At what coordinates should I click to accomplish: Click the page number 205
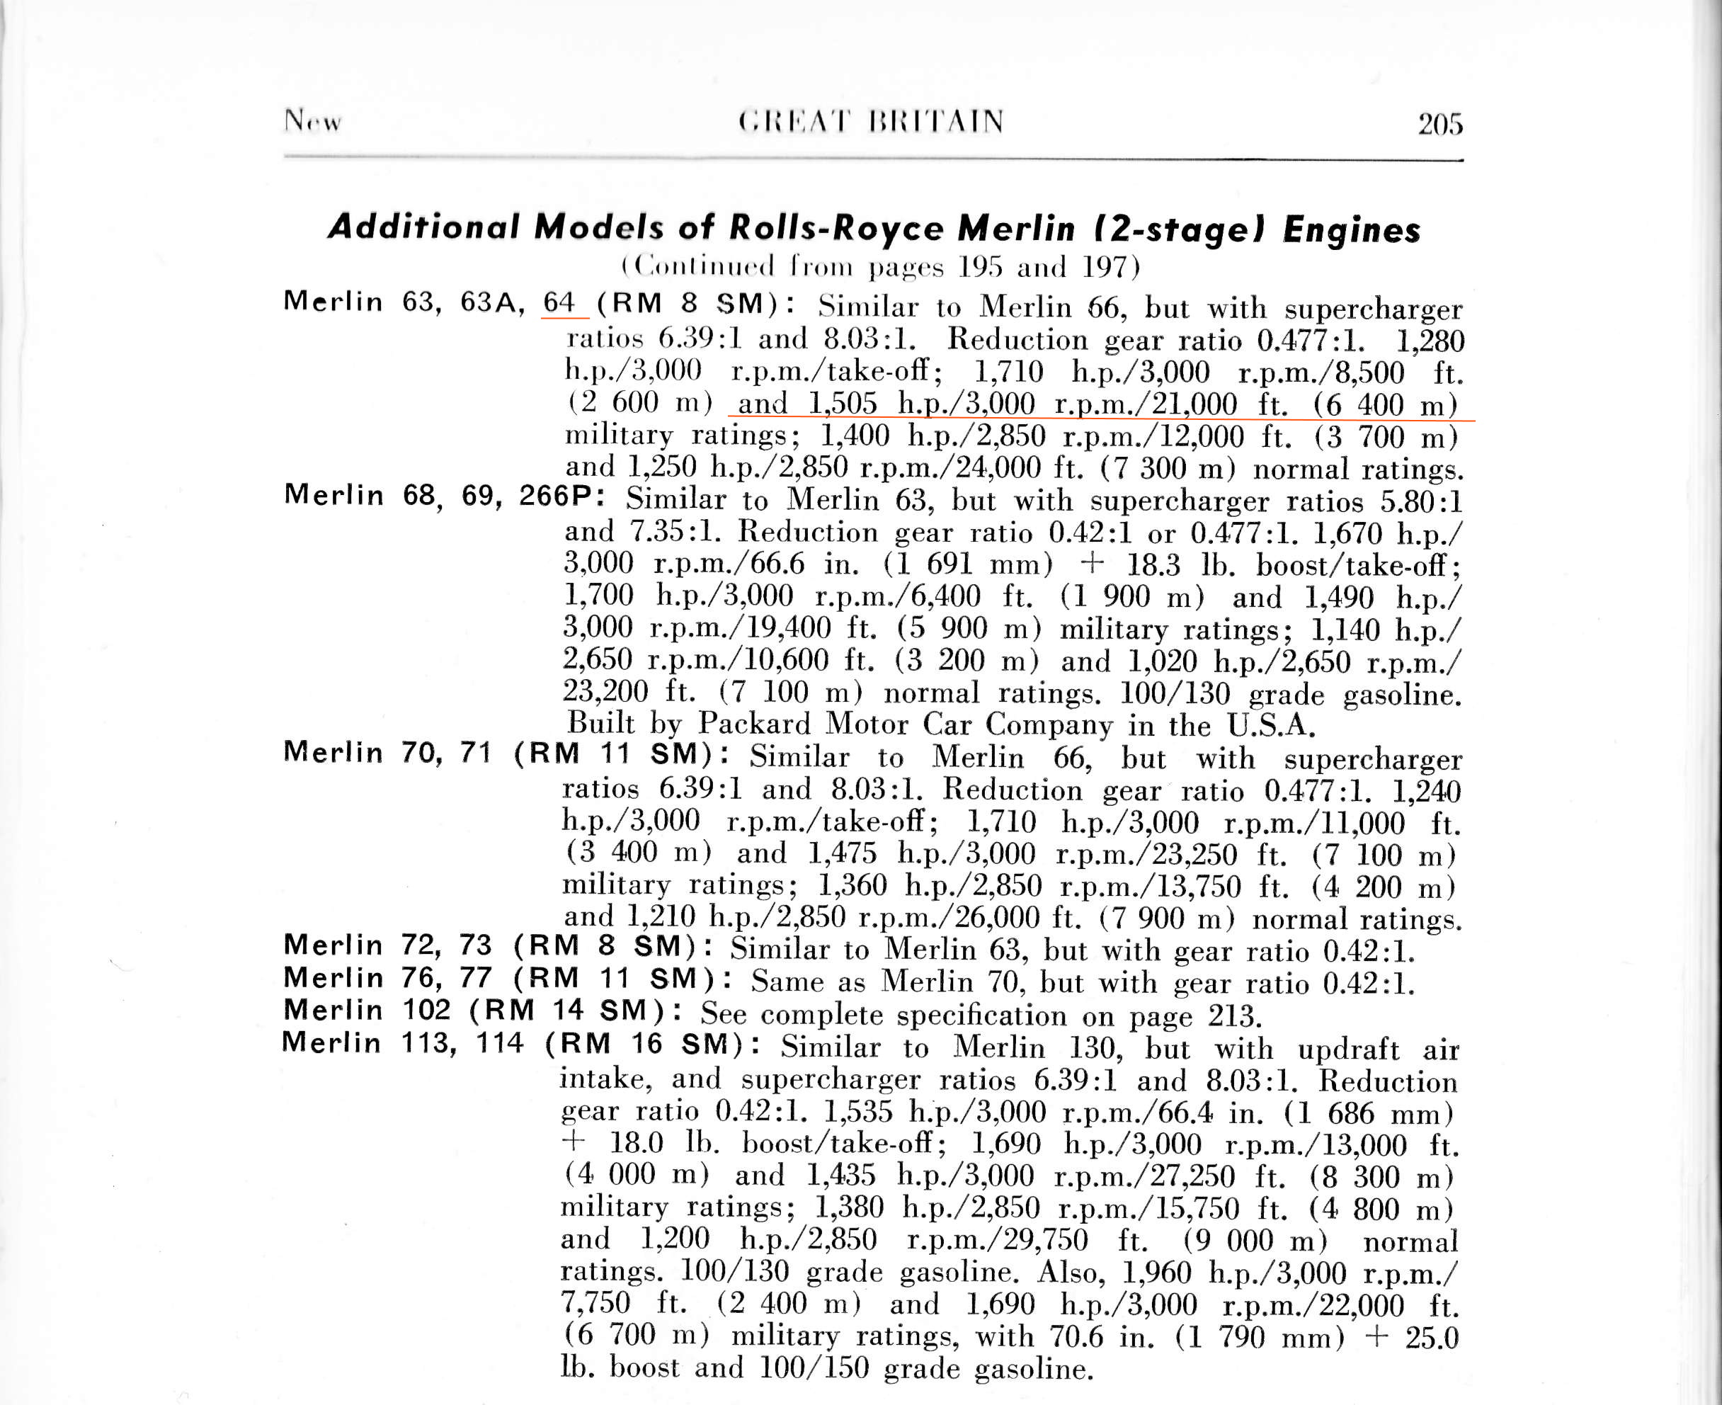(x=1439, y=124)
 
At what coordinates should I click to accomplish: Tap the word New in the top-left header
(x=312, y=121)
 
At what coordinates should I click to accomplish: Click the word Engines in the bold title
(x=1352, y=230)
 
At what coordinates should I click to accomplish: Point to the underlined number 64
(x=559, y=302)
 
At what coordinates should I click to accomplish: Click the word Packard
(x=753, y=724)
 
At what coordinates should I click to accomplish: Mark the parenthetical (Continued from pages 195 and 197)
(x=879, y=266)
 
